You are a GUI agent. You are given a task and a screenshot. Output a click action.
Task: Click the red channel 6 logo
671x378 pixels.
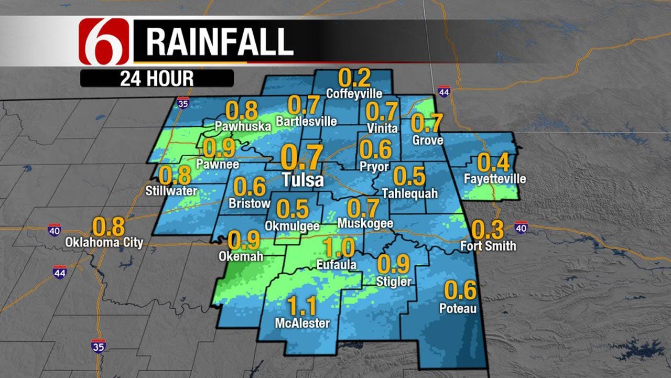coord(104,41)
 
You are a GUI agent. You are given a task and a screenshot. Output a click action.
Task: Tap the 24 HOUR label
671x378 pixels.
coord(156,79)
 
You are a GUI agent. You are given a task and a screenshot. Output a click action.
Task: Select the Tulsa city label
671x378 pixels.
coord(302,180)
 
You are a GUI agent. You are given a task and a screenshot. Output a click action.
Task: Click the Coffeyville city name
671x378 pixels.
coord(354,94)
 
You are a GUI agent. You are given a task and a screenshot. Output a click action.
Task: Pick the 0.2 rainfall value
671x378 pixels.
coord(354,78)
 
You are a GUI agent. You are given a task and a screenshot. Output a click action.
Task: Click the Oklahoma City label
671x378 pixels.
coord(104,243)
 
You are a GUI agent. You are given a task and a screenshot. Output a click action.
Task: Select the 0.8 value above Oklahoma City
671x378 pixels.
coord(109,227)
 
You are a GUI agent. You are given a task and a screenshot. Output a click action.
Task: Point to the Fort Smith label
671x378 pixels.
coord(488,245)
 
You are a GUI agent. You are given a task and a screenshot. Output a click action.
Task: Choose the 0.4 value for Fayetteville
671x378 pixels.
coord(493,163)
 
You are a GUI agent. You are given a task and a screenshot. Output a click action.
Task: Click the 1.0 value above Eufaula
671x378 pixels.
coord(338,247)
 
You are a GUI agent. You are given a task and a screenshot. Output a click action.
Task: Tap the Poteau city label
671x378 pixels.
coord(458,308)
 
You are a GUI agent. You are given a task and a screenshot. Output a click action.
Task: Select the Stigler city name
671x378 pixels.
coord(394,282)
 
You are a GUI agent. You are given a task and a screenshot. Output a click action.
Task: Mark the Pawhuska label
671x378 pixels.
coord(243,126)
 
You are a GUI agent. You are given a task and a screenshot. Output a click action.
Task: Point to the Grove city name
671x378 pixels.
coord(428,140)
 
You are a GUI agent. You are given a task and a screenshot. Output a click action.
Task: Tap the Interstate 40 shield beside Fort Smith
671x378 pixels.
coord(521,227)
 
